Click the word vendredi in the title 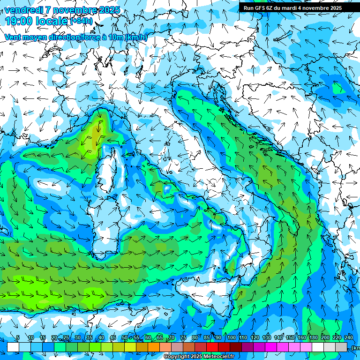tap(23, 10)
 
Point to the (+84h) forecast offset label tap(82, 21)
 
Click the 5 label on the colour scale tap(18, 337)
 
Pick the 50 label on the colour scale tap(124, 337)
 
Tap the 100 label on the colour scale tap(231, 337)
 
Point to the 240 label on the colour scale tap(349, 337)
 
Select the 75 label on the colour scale tap(183, 337)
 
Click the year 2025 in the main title tap(109, 10)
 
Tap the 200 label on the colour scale tap(325, 337)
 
